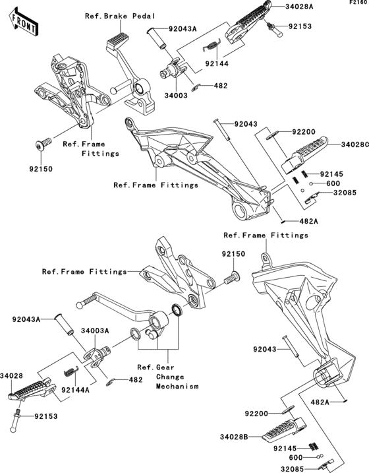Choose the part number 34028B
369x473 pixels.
(234, 436)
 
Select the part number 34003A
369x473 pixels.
(95, 331)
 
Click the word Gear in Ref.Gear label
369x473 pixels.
(165, 367)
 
